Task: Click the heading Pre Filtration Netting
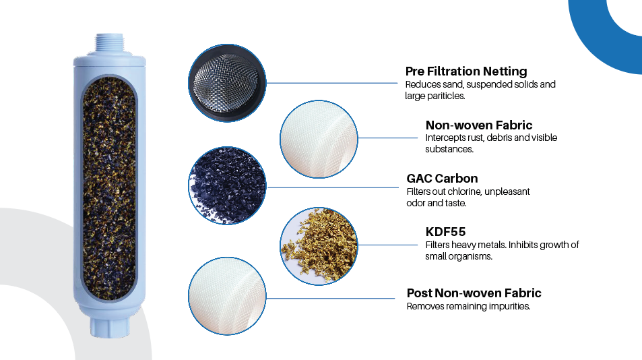tap(466, 71)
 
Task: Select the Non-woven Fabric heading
tap(479, 125)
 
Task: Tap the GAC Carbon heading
tap(442, 179)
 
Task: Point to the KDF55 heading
tap(445, 232)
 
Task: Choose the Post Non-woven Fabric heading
tap(474, 293)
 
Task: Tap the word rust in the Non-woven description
tap(476, 138)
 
